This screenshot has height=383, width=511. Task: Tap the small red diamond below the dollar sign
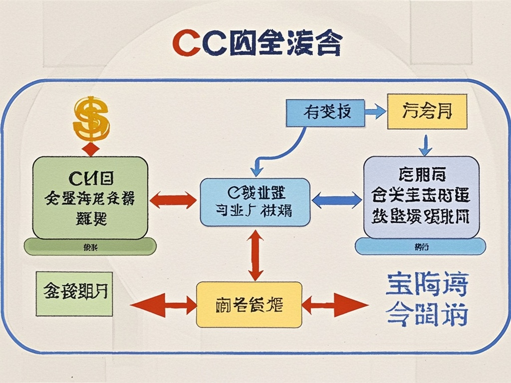click(91, 149)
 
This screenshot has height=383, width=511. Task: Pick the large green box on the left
click(90, 197)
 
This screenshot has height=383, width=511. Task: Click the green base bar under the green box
click(90, 247)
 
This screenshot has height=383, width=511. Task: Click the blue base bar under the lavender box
click(420, 246)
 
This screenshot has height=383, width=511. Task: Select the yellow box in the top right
click(427, 111)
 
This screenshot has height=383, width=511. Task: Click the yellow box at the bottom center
click(249, 304)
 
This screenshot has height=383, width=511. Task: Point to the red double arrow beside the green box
click(173, 200)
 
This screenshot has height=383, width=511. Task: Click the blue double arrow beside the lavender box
click(337, 200)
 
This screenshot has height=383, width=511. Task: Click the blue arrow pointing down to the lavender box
click(425, 144)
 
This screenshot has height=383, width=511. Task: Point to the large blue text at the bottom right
click(427, 300)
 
